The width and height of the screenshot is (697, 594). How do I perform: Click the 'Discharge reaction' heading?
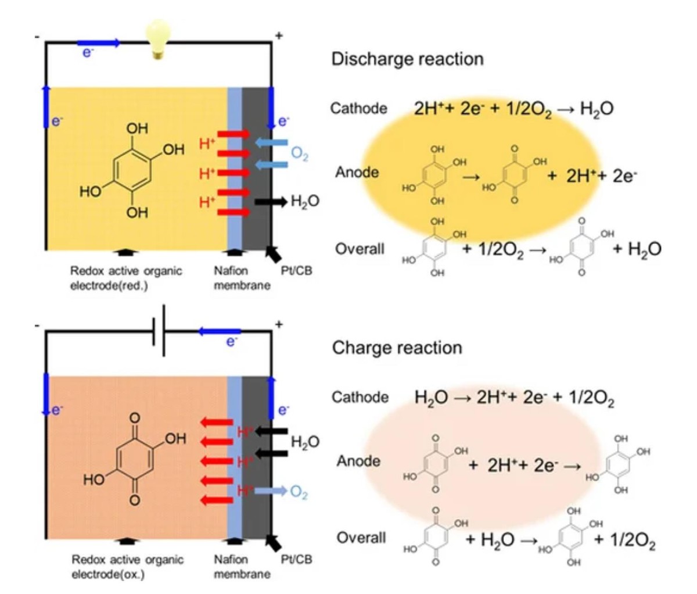tap(407, 59)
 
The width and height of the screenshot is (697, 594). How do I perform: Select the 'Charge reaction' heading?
tap(397, 348)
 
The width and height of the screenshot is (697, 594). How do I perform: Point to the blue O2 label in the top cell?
tap(300, 154)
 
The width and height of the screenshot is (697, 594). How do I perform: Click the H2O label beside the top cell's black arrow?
tap(305, 202)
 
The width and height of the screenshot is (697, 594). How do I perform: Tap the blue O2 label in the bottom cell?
tap(299, 492)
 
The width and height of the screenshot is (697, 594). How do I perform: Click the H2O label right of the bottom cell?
tap(305, 442)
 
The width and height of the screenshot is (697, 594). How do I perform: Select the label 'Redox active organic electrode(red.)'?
tap(125, 278)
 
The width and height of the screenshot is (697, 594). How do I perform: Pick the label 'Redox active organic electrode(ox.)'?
tap(127, 567)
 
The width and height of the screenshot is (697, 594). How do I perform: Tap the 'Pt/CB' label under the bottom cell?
tap(296, 559)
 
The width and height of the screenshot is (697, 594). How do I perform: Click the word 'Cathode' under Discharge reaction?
tap(358, 108)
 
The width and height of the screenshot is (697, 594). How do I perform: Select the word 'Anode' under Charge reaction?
tap(359, 461)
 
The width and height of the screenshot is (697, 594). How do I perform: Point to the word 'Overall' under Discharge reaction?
tap(360, 249)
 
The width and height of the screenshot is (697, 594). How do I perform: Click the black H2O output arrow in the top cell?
tap(271, 202)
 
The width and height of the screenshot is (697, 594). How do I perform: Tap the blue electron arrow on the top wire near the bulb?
tap(99, 42)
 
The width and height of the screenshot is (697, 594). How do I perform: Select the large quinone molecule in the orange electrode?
tap(135, 459)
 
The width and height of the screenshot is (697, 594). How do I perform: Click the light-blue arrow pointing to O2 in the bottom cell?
tap(271, 492)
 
